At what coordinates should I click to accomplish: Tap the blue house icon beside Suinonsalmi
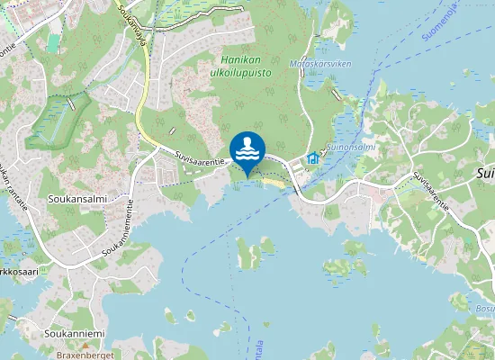[x=313, y=158]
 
